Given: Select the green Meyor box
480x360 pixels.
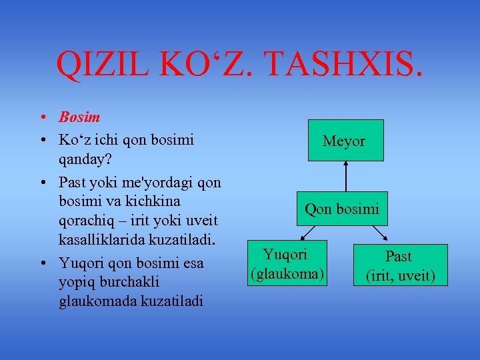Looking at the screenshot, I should [345, 141].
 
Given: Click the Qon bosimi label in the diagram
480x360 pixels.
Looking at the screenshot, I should [342, 209].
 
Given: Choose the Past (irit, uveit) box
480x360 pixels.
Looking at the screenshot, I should [399, 265].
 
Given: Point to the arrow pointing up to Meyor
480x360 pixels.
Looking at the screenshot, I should [346, 180].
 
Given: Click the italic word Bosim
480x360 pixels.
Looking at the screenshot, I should [79, 117].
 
